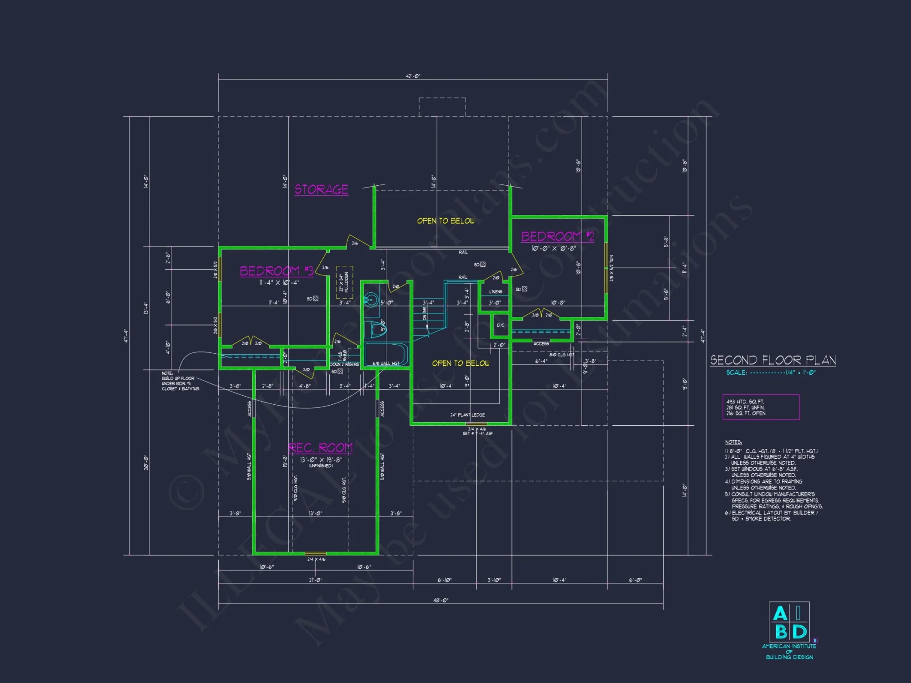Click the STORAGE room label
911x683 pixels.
click(321, 189)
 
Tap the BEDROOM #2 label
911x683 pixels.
click(558, 236)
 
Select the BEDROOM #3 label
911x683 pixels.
click(276, 271)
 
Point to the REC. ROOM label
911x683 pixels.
click(320, 448)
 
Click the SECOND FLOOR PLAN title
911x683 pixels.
click(773, 360)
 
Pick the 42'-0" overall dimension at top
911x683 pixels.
click(413, 76)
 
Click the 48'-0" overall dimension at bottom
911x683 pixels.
click(440, 600)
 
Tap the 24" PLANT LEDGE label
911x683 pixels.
click(467, 415)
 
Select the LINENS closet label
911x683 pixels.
click(496, 292)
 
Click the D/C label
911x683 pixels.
click(501, 325)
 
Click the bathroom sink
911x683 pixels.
click(371, 300)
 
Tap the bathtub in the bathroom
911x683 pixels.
click(386, 354)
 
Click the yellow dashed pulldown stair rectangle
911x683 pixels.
click(344, 282)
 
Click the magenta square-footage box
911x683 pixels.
click(761, 407)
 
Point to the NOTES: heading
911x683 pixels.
click(733, 442)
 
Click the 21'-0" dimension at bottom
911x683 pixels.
click(315, 580)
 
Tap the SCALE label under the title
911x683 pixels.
click(737, 372)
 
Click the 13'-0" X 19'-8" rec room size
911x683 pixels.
click(321, 460)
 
